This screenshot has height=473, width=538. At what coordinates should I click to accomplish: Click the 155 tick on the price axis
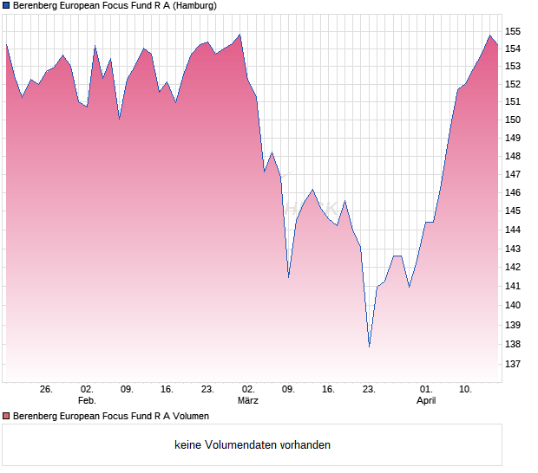click(513, 31)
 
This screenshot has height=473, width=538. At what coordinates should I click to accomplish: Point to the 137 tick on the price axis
click(513, 365)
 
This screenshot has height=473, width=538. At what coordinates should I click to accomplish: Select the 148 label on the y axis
click(513, 157)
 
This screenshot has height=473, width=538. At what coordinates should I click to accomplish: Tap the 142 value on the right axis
click(513, 268)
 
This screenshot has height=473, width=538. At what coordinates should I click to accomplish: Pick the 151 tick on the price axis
click(513, 102)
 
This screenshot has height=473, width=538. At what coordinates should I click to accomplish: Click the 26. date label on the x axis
click(46, 390)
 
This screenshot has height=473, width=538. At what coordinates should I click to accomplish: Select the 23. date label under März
click(369, 390)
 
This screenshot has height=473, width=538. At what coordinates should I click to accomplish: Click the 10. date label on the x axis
click(466, 390)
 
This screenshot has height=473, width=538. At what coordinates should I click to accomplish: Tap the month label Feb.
click(87, 401)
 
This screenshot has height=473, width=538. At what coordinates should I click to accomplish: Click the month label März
click(248, 401)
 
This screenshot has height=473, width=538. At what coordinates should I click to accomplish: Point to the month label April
click(426, 401)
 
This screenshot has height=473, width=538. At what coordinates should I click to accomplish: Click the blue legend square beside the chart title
click(6, 6)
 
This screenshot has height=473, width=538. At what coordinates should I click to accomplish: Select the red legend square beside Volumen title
click(6, 417)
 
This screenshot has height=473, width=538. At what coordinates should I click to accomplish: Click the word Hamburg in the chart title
click(191, 6)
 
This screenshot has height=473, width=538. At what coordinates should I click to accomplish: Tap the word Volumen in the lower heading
click(187, 417)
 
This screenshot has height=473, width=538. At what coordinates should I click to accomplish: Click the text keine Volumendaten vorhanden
click(253, 445)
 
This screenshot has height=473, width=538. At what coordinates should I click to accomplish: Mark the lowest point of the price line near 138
click(369, 347)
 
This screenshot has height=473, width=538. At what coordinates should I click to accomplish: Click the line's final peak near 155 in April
click(490, 36)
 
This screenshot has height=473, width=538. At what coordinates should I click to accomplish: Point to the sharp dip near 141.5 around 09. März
click(288, 277)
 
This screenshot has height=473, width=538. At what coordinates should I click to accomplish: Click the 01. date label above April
click(426, 390)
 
